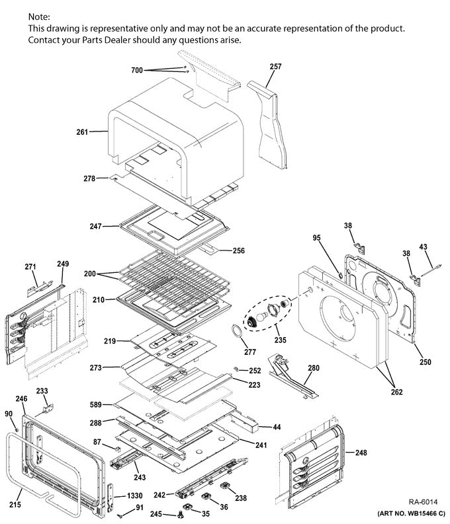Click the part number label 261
pos(82,132)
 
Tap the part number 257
pos(275,67)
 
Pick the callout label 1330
pos(135,496)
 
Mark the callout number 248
pos(361,453)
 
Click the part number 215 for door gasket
pos(15,505)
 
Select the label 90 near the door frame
pos(9,414)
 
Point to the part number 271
pos(30,266)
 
